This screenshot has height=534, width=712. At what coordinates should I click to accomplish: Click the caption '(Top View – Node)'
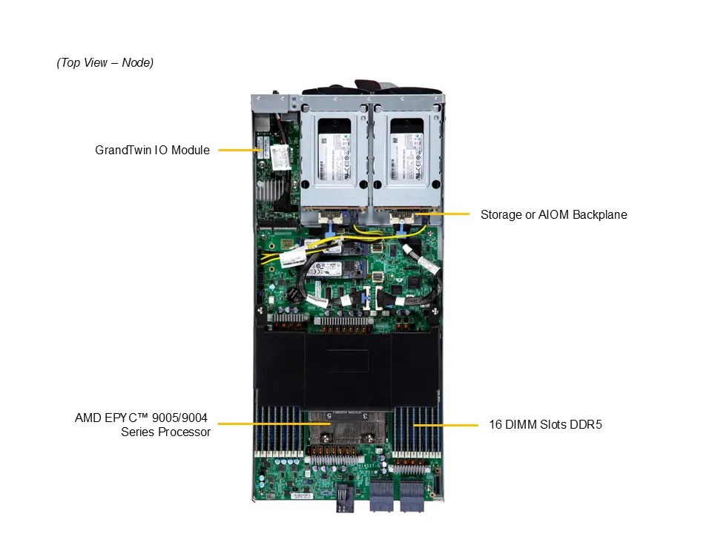pos(105,63)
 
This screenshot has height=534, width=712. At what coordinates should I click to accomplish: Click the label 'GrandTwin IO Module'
pos(152,150)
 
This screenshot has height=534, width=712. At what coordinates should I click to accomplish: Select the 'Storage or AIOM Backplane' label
pos(553,215)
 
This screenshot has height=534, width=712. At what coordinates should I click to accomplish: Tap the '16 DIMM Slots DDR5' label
pos(545,425)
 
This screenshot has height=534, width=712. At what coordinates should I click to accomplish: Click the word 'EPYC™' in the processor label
pos(128,418)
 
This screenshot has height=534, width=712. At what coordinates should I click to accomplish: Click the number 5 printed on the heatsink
pos(329,416)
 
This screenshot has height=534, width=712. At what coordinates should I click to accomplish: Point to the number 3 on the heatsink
pos(365,416)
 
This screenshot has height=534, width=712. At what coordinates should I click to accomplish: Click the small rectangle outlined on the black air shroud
pos(349,360)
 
